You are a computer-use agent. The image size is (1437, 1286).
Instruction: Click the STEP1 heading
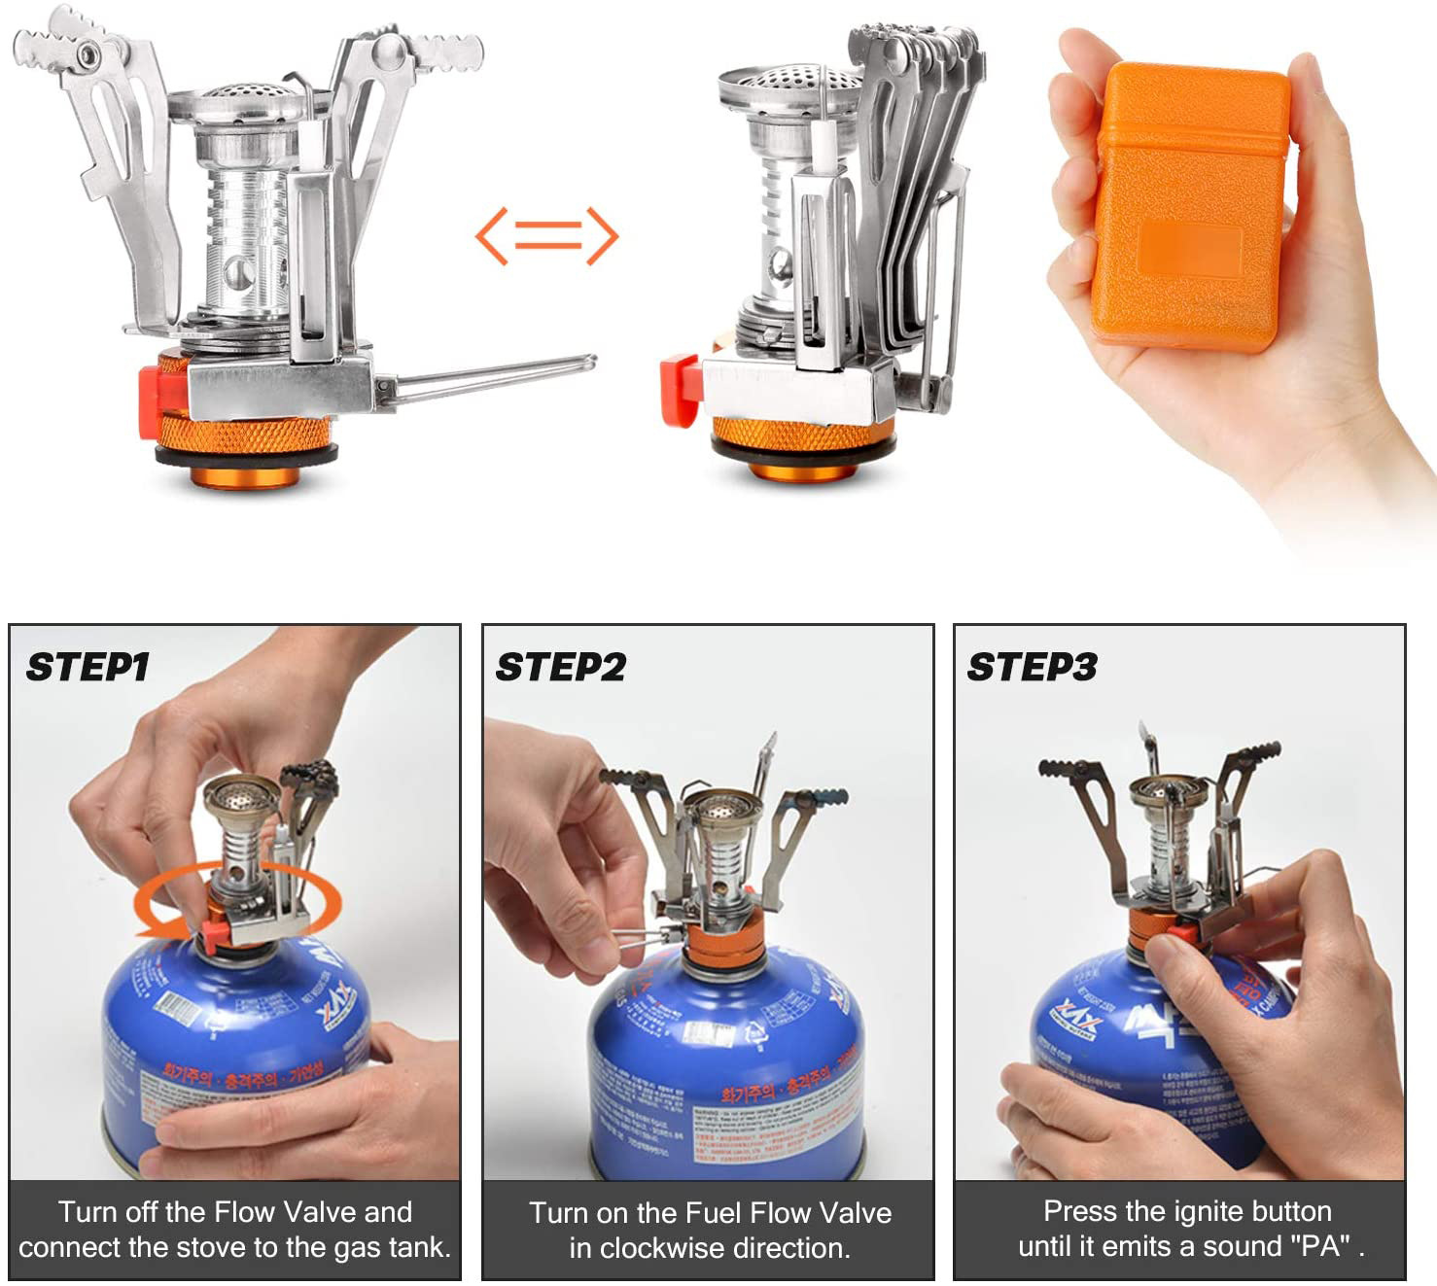(88, 668)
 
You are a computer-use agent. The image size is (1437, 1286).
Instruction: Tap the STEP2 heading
(561, 668)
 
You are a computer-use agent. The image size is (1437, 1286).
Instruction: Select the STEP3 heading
(1032, 668)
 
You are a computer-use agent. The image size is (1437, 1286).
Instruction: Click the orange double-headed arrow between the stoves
(546, 236)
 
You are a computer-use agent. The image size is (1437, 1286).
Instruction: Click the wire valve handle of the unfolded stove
(496, 377)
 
